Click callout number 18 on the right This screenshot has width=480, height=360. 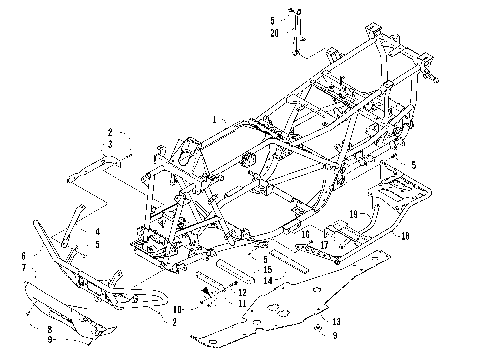click(x=404, y=237)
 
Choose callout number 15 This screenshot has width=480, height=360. click(x=267, y=270)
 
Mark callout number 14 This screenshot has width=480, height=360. click(x=267, y=281)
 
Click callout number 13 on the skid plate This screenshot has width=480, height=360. click(x=335, y=321)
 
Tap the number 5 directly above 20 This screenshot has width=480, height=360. click(x=272, y=20)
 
